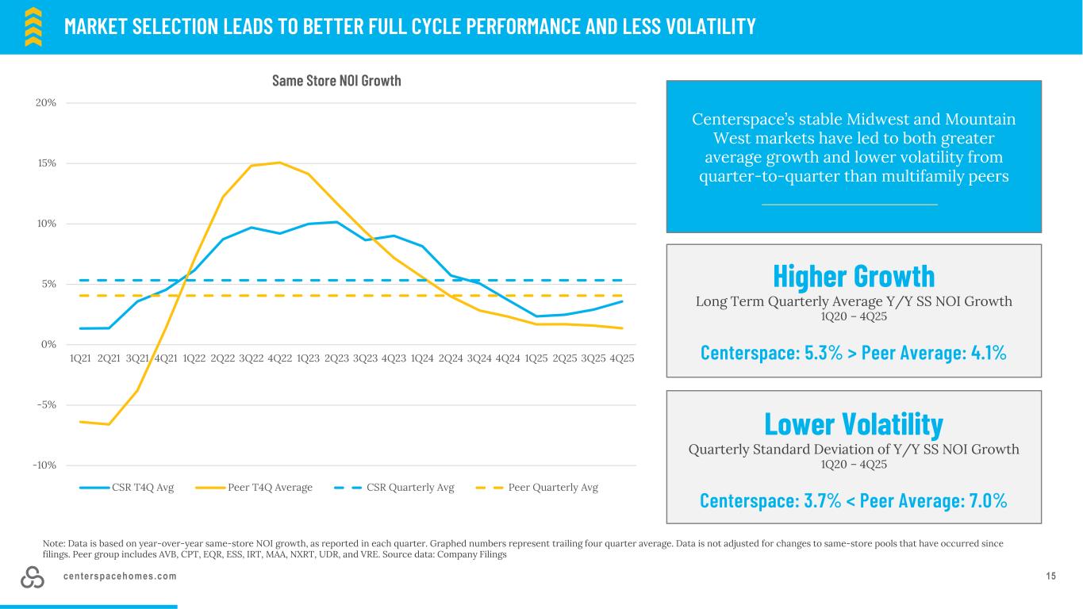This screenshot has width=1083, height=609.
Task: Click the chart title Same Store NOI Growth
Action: (x=336, y=81)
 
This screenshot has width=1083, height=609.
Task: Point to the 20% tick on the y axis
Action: (x=44, y=103)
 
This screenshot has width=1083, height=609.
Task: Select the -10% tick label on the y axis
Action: (x=44, y=465)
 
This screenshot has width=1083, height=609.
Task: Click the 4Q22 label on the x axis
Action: (x=279, y=358)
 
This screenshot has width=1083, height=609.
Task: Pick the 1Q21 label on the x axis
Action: (x=80, y=358)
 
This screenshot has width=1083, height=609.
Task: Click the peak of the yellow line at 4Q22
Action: (x=279, y=163)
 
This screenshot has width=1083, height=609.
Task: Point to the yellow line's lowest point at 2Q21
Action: (x=109, y=424)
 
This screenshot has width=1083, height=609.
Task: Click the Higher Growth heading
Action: (x=854, y=276)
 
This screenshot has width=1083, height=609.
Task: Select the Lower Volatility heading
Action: (x=854, y=423)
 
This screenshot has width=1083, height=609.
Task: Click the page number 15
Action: (x=1050, y=576)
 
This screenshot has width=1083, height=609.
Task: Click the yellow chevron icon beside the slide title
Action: (x=33, y=27)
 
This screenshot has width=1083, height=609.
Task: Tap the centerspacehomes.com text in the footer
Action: (x=120, y=576)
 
